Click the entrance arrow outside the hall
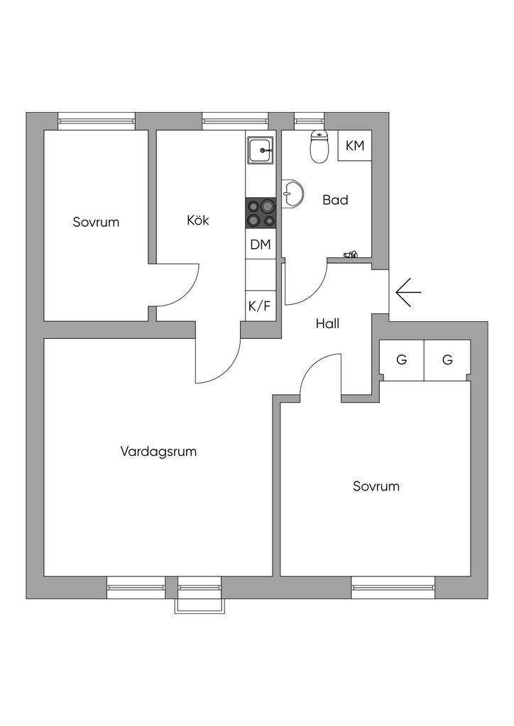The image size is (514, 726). tap(408, 293)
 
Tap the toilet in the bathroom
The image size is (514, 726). tap(319, 147)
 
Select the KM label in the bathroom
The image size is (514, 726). tap(355, 146)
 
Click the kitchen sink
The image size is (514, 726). tap(261, 150)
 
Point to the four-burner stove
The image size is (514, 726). tap(261, 213)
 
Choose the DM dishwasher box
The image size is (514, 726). tap(261, 244)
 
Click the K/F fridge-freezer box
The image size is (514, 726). tap(261, 306)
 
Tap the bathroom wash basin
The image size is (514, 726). tap(292, 193)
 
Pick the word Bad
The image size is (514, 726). tap(335, 200)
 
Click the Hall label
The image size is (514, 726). tap(328, 323)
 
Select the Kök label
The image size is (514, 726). tap(198, 220)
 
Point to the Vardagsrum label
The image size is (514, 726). tap(158, 452)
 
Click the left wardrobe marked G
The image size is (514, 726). tap(402, 360)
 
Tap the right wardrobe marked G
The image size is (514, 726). tap(447, 360)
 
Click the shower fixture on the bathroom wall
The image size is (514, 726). tap(351, 254)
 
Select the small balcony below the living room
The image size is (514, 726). tap(199, 605)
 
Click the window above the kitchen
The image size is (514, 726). tap(235, 121)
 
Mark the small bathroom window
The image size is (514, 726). tap(309, 121)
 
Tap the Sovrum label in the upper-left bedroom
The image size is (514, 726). tap(96, 222)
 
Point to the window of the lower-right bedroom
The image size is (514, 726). tap(393, 588)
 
